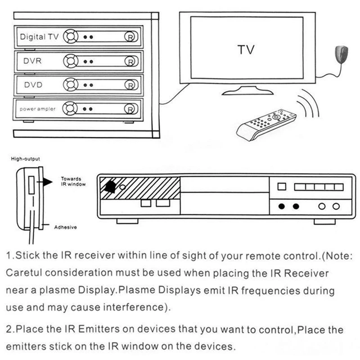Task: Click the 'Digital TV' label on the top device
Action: (39, 37)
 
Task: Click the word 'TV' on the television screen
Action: (246, 49)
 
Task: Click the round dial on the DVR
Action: (70, 61)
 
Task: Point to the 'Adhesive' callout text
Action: (65, 227)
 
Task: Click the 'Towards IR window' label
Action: (73, 181)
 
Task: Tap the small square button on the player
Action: (282, 186)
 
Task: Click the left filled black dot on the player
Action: (282, 207)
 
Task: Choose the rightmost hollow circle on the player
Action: (336, 207)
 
